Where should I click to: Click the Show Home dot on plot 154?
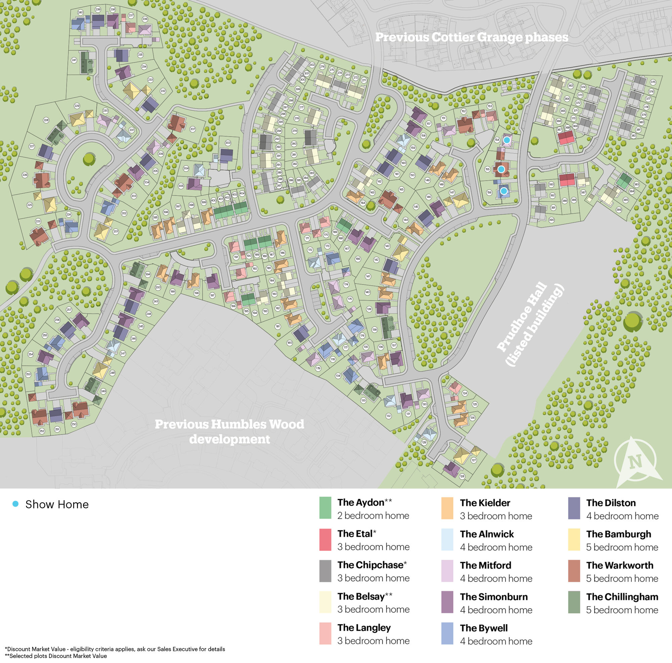pyautogui.click(x=507, y=140)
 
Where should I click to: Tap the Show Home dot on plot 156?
pyautogui.click(x=504, y=191)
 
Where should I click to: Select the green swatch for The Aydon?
pyautogui.click(x=325, y=508)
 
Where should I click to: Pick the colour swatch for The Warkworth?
pyautogui.click(x=574, y=571)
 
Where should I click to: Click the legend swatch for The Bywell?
pyautogui.click(x=447, y=633)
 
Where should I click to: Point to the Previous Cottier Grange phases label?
pyautogui.click(x=472, y=37)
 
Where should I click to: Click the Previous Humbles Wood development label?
pyautogui.click(x=229, y=432)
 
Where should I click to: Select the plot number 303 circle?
pyautogui.click(x=228, y=143)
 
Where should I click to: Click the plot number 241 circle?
pyautogui.click(x=74, y=60)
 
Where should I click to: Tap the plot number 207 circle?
pyautogui.click(x=193, y=129)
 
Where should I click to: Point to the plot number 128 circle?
pyautogui.click(x=462, y=476)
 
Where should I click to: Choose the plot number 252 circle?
pyautogui.click(x=42, y=431)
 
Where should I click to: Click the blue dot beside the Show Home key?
pyautogui.click(x=15, y=504)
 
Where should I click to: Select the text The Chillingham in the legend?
pyautogui.click(x=622, y=596)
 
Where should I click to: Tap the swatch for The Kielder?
pyautogui.click(x=447, y=508)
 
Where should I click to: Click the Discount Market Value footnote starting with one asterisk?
pyautogui.click(x=115, y=649)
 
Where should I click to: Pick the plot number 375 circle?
pyautogui.click(x=653, y=82)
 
